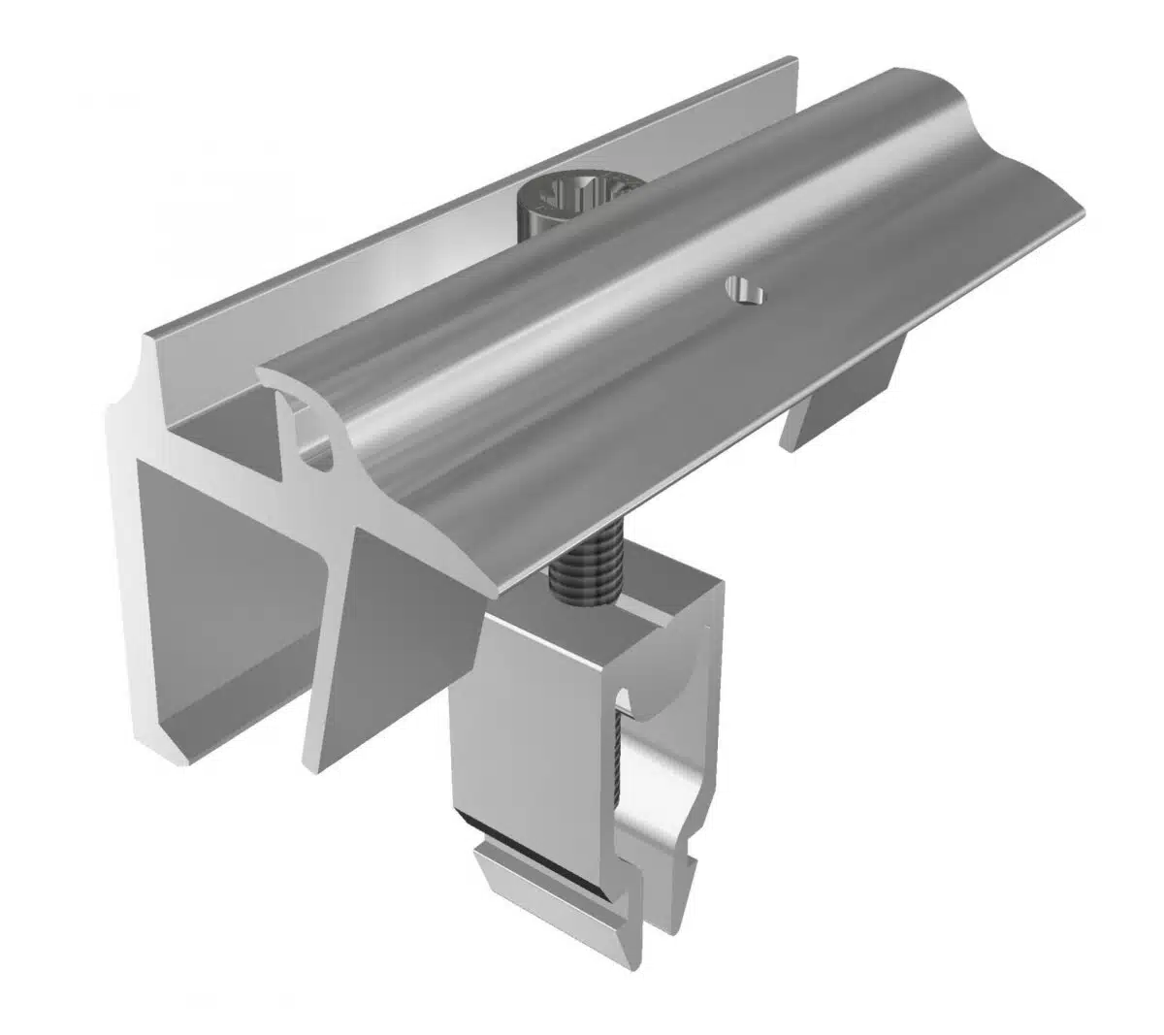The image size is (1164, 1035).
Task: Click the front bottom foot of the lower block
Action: point(529,878)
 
